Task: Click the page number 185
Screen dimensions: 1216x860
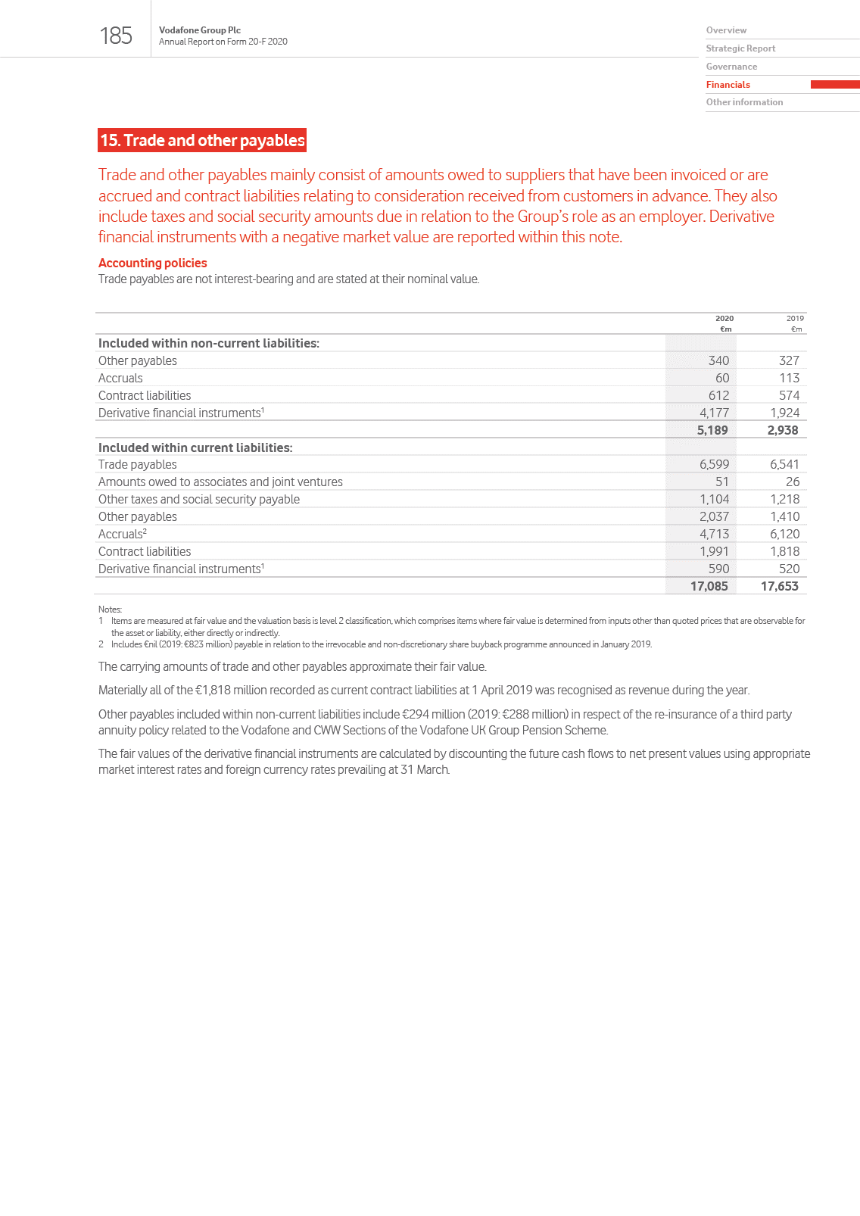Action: click(116, 36)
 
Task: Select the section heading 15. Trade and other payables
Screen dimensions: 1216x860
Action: click(202, 140)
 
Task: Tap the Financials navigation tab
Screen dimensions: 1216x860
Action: click(728, 85)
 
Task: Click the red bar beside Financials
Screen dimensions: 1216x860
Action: click(834, 85)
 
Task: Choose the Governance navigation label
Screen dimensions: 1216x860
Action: click(731, 67)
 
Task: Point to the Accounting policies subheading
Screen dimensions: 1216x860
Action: click(152, 263)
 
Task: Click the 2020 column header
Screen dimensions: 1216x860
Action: click(724, 319)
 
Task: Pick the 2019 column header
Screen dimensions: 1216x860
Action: click(794, 319)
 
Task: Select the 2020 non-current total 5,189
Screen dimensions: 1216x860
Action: click(712, 430)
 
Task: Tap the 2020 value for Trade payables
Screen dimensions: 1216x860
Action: click(714, 464)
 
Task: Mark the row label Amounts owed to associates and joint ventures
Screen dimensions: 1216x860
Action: click(220, 482)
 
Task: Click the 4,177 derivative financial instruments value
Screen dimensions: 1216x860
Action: click(714, 413)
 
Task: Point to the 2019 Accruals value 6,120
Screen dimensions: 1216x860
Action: click(784, 534)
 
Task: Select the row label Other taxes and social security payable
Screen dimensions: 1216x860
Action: click(199, 499)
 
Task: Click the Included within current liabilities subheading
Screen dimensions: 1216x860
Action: click(195, 447)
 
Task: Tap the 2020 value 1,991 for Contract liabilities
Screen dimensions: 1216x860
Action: click(714, 551)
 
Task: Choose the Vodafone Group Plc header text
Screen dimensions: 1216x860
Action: click(200, 30)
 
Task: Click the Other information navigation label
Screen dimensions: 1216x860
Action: click(744, 102)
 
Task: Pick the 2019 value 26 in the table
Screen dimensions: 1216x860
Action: click(792, 482)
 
